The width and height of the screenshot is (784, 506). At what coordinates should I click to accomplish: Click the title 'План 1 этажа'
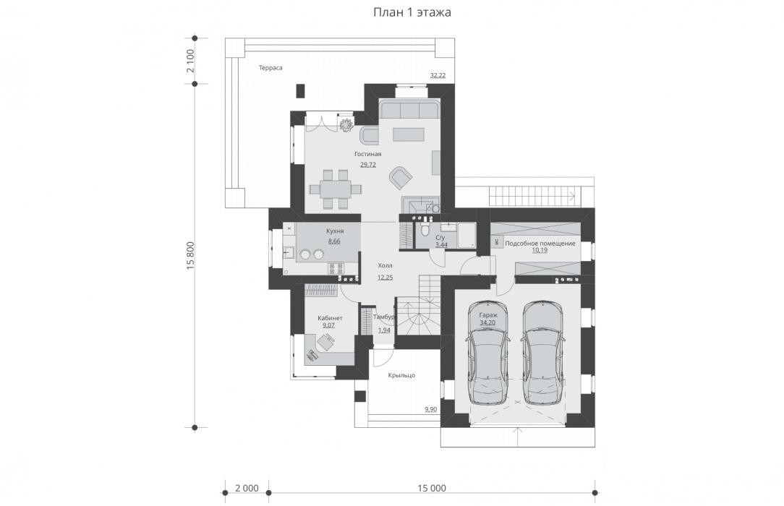tap(412, 12)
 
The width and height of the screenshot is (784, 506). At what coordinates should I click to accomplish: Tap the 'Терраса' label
tap(270, 67)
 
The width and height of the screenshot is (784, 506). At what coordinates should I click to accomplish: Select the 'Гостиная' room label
tap(368, 154)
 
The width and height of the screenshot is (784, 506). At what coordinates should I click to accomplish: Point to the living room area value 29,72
tap(368, 164)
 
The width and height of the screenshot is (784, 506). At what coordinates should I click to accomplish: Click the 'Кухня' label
tap(334, 231)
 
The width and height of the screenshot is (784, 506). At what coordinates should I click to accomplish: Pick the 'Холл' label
tap(385, 266)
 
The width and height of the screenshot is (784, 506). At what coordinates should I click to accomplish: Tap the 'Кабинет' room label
tap(330, 318)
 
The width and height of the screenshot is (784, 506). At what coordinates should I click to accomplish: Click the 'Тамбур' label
tap(383, 317)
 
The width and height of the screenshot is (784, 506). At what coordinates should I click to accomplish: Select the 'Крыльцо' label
tap(401, 375)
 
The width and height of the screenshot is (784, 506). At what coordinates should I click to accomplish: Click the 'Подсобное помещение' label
tap(540, 244)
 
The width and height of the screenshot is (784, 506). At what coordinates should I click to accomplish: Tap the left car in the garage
tap(487, 353)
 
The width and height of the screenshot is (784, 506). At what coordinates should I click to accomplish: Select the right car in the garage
tap(542, 353)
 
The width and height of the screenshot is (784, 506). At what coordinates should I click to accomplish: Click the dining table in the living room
tap(335, 189)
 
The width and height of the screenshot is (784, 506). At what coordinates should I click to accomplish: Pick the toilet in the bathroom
tap(425, 228)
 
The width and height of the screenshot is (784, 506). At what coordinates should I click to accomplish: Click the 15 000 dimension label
tap(432, 488)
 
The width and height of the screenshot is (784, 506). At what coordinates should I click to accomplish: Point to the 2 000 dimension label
tap(247, 488)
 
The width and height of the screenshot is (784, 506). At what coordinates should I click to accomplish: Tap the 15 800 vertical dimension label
tap(190, 256)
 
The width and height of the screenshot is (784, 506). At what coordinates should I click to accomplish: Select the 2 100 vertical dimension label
tap(190, 61)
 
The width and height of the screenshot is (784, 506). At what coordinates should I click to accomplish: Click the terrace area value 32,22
tap(438, 75)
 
